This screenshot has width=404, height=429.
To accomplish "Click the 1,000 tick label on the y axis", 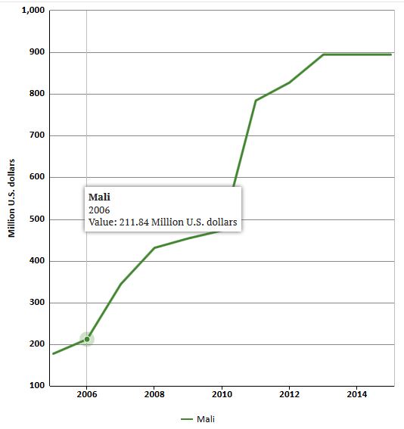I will coord(33,11).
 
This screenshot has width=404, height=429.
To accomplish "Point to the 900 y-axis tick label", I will coord(36,52).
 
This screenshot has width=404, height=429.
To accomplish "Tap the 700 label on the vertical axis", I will coord(36,135).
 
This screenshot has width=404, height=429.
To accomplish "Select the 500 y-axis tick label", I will coord(36,219).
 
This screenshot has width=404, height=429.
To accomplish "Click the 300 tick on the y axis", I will coord(36,303).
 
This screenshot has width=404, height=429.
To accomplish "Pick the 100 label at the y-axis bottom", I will coord(36,386).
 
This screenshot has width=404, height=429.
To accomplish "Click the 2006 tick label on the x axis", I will coord(86,395).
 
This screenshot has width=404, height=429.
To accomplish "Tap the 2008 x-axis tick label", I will coord(154,395).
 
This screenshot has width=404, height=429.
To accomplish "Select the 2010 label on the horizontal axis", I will coord(221,395).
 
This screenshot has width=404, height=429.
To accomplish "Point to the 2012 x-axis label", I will coord(289,395).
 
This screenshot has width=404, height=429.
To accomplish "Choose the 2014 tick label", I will coord(356,395).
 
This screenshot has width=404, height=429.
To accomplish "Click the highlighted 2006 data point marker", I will coord(86,339).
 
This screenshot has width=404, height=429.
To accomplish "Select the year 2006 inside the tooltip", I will coord(100,210).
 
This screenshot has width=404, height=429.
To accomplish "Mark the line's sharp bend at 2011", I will coord(256,101).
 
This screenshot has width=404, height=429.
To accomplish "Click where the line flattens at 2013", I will coord(323,54).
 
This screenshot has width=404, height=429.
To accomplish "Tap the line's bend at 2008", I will coord(154,247).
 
